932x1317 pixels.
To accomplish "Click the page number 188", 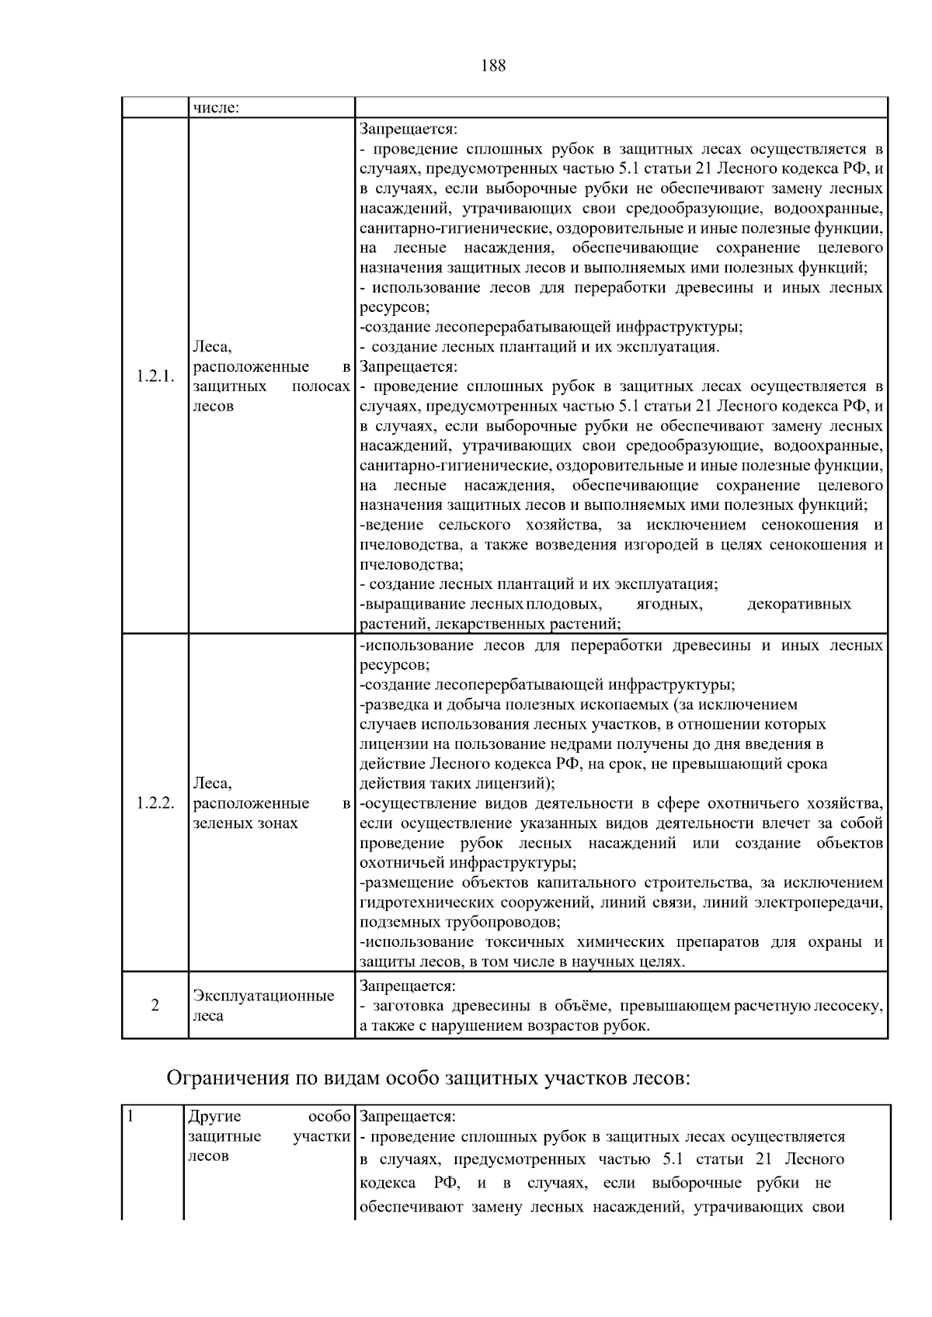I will click(493, 66).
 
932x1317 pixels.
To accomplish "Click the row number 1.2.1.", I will click(155, 376).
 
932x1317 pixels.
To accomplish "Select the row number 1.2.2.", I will click(155, 803).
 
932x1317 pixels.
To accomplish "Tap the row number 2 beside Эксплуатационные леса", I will click(155, 1006).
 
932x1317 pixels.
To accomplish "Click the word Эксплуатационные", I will click(263, 996).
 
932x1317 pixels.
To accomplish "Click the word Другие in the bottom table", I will click(215, 1117).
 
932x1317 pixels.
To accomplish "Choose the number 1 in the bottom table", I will click(131, 1117).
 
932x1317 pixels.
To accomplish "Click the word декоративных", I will click(798, 605).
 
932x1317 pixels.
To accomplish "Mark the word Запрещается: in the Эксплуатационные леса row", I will click(408, 986).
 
